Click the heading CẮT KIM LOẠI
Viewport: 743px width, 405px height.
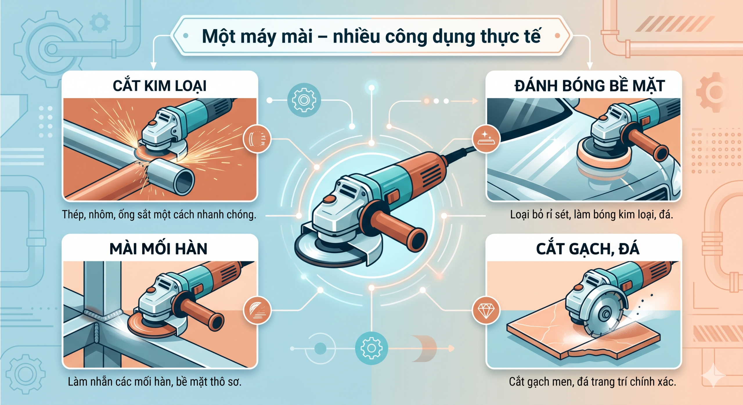160,86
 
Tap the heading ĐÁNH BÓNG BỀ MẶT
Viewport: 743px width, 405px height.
589,86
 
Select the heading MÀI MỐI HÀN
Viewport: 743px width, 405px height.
158,249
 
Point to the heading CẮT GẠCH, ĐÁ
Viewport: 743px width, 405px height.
588,249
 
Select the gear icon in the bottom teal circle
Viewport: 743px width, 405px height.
371,348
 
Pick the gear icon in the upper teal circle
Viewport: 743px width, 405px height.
304,100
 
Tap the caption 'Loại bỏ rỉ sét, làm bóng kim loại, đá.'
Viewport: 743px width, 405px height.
591,215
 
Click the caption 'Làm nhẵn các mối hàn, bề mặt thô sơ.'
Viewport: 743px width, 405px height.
155,382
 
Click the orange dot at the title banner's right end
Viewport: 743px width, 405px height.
557,36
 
